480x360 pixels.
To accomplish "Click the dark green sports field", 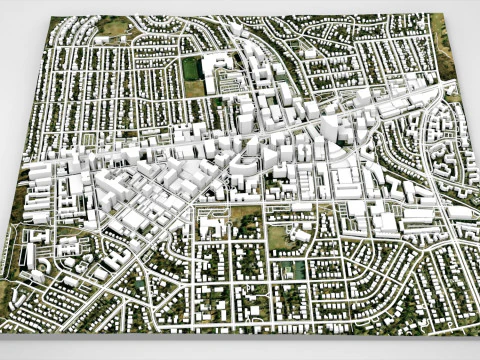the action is (192, 68).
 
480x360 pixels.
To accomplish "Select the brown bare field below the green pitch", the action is (194, 87).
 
